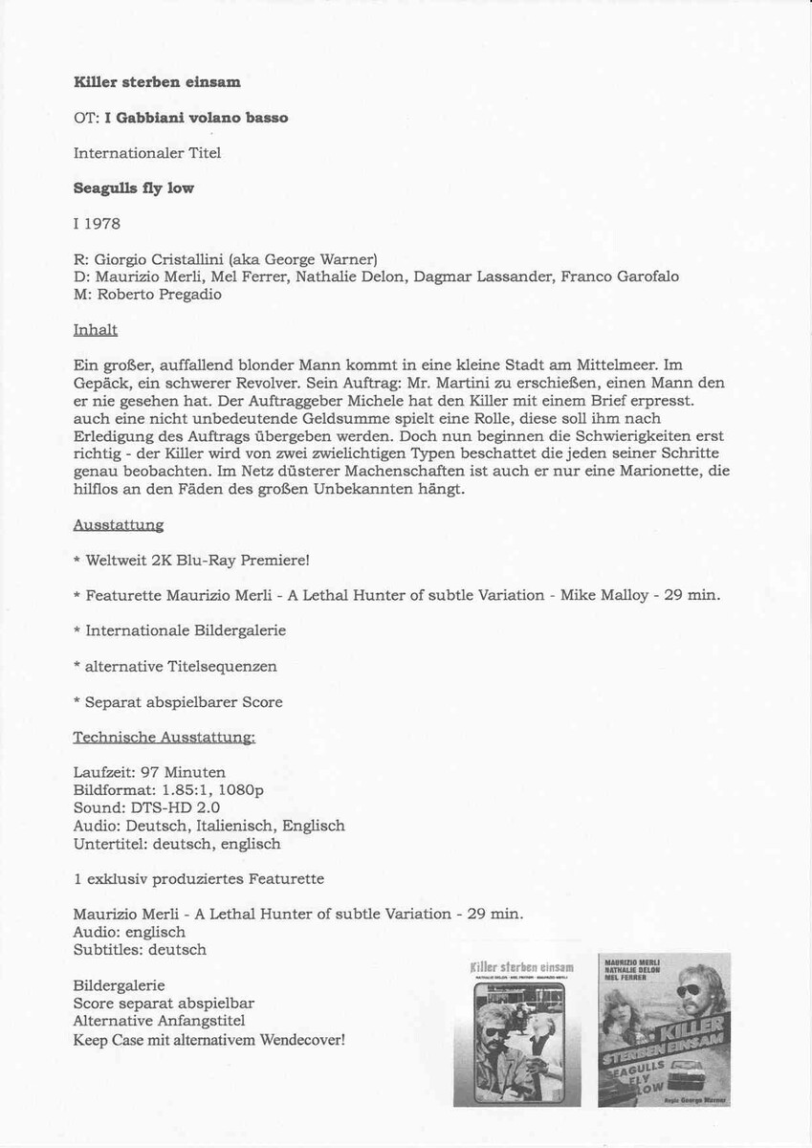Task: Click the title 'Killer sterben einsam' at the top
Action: [157, 82]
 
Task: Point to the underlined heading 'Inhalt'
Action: [95, 330]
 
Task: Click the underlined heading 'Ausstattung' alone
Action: [118, 525]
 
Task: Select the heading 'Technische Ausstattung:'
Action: [164, 738]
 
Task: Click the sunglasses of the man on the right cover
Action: [690, 989]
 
